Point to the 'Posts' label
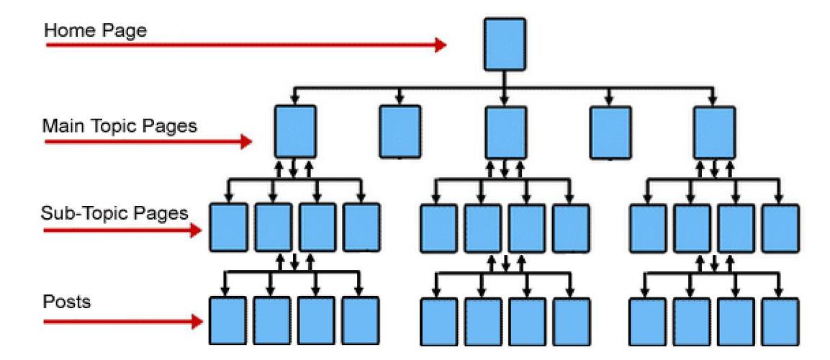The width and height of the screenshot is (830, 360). (x=67, y=302)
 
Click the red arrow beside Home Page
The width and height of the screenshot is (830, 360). (x=245, y=45)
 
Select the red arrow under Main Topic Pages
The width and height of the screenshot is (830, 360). (x=144, y=142)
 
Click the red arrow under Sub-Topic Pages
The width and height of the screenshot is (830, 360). (x=123, y=230)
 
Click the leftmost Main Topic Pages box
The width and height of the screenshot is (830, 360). (x=295, y=132)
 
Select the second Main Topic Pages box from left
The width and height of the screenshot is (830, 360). (x=400, y=132)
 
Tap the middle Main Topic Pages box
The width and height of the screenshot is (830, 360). (x=505, y=132)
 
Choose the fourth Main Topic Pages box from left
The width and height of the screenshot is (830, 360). (x=610, y=132)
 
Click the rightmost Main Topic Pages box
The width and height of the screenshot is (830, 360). (x=714, y=132)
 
